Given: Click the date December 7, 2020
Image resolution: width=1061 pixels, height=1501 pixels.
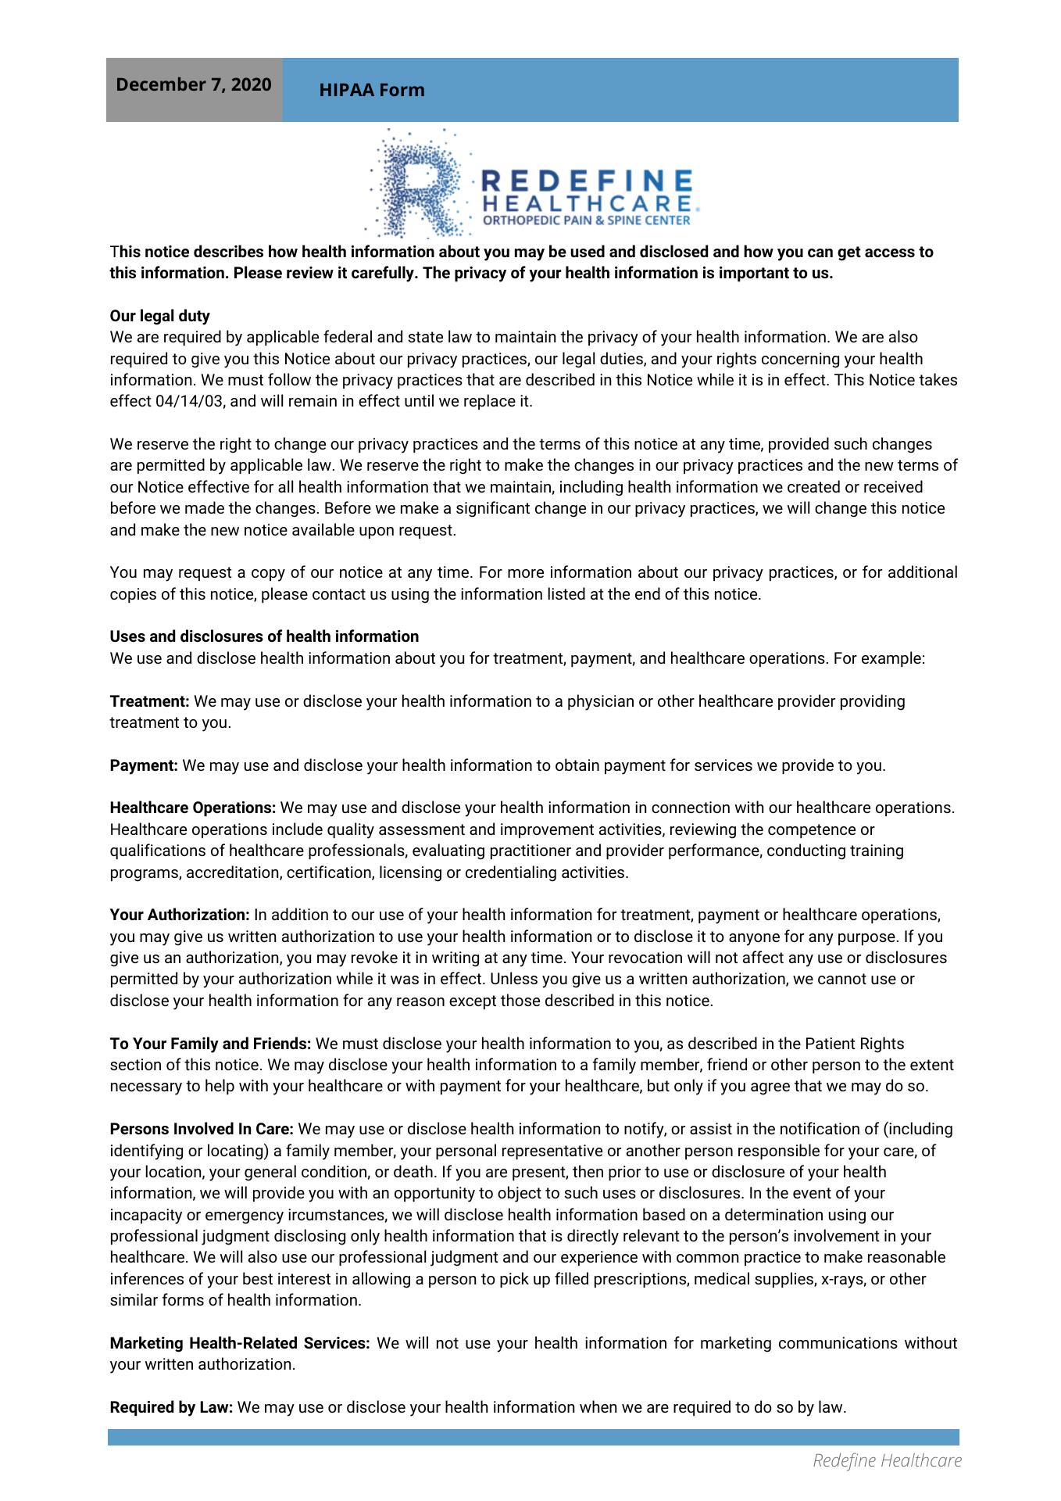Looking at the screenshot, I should (194, 84).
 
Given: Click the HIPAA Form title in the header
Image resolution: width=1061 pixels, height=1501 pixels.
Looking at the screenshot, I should (372, 91).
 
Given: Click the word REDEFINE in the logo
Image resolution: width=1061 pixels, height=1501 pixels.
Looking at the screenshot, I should (587, 181).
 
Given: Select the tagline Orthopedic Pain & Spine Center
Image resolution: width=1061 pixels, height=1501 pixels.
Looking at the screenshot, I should (587, 220).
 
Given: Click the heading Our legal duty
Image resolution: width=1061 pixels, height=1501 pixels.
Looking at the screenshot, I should (160, 316).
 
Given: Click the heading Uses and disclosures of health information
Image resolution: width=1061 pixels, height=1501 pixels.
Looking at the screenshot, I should (264, 636).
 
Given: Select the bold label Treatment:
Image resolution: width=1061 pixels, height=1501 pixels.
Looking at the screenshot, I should (149, 701).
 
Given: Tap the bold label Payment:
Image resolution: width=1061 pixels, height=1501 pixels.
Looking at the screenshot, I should (145, 765).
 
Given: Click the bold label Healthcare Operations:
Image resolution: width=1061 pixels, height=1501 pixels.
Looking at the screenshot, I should (193, 808).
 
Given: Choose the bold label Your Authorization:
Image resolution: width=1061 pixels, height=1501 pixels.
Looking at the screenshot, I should (180, 915).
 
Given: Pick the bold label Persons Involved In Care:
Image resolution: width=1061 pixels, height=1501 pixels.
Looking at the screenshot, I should (202, 1129).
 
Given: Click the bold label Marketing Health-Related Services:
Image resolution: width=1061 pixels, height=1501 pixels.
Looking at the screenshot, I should (240, 1343).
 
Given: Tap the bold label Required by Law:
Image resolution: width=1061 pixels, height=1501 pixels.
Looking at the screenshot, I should (172, 1407).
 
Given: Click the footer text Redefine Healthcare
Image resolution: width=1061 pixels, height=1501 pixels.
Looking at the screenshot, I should (888, 1460).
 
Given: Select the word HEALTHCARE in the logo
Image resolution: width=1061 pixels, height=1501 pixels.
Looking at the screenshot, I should (588, 203).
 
